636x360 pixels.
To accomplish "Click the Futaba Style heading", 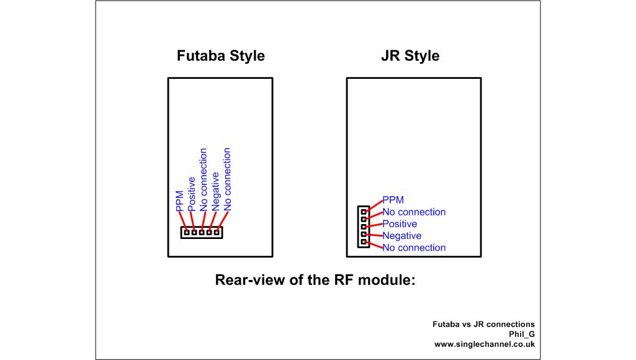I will (x=221, y=56).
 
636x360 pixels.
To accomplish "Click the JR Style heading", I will (x=410, y=56).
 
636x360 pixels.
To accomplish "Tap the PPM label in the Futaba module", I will (x=180, y=201).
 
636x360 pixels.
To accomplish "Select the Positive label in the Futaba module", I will (x=192, y=194).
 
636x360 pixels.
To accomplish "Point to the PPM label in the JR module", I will (x=393, y=200).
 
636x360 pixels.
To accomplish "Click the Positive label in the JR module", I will (x=400, y=223).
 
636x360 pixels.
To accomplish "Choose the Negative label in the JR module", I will (x=401, y=236).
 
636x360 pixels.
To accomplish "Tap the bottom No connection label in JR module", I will (x=414, y=248).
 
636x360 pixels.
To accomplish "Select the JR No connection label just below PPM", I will (x=414, y=212).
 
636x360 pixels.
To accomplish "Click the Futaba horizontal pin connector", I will (x=202, y=232).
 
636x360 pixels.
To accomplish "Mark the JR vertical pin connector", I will (x=364, y=227).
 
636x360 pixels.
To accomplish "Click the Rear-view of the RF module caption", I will (x=315, y=280).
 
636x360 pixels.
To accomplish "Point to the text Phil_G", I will (x=521, y=334).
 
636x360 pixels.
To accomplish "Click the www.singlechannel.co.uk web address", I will (x=484, y=344).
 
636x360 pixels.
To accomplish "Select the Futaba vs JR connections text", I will (x=483, y=324).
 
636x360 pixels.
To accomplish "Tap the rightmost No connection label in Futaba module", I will (x=227, y=179).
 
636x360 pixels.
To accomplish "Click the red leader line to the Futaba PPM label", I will (x=182, y=220).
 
